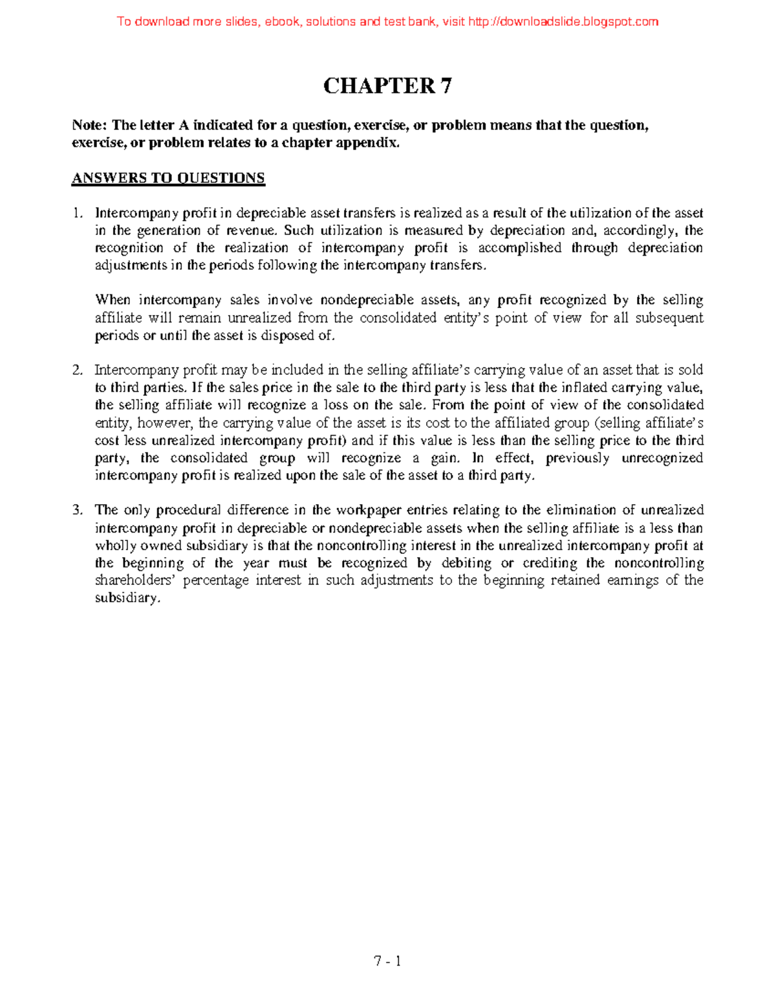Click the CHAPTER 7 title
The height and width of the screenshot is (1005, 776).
pyautogui.click(x=387, y=85)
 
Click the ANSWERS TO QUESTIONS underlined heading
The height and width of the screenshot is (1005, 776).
pyautogui.click(x=168, y=179)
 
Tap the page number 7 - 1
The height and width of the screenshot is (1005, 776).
pyautogui.click(x=387, y=962)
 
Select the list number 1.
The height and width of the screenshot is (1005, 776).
pyautogui.click(x=78, y=213)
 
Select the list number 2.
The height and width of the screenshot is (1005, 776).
pyautogui.click(x=78, y=370)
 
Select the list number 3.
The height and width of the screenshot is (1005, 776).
pyautogui.click(x=78, y=510)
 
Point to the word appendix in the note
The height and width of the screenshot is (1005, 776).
pyautogui.click(x=373, y=143)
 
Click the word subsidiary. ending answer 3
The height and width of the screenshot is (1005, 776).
pyautogui.click(x=127, y=598)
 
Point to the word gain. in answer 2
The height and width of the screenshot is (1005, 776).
pyautogui.click(x=445, y=458)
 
